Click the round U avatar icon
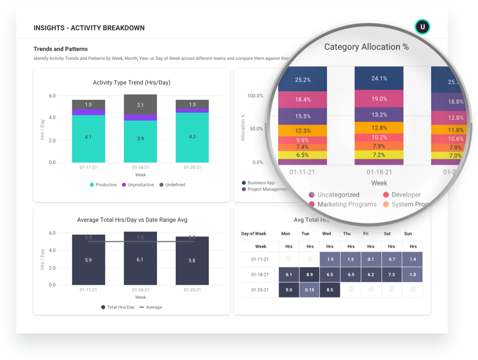click(x=422, y=27)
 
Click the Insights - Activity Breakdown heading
click(x=89, y=28)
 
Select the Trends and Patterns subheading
click(x=60, y=49)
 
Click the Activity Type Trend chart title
click(x=132, y=83)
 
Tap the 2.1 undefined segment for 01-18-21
click(x=140, y=104)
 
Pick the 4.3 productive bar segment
click(x=192, y=137)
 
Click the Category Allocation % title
click(x=366, y=47)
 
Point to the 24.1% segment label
click(x=379, y=78)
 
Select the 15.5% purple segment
click(x=302, y=116)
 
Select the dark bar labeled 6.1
click(x=140, y=259)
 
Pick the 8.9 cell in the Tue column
click(x=309, y=275)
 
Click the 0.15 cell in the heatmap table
click(x=309, y=290)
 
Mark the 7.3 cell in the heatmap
click(x=392, y=275)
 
